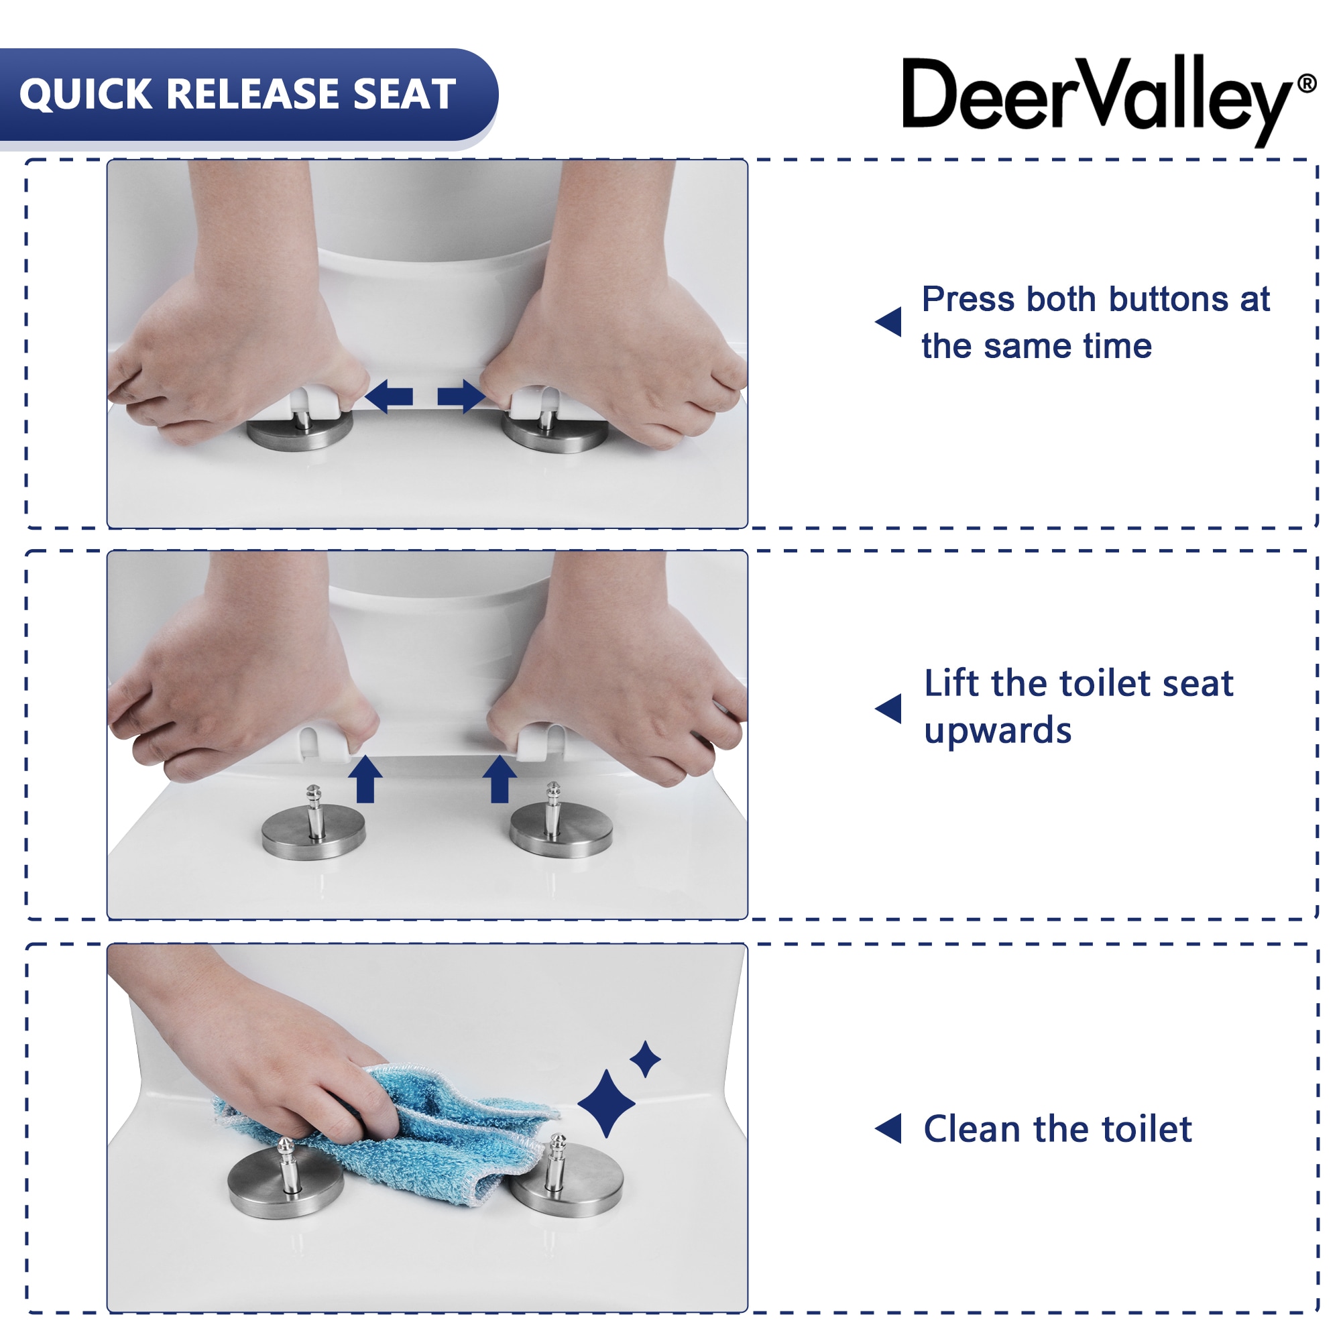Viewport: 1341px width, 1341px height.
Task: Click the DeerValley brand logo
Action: tap(1097, 97)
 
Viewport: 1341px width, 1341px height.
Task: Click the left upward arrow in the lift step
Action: tap(365, 778)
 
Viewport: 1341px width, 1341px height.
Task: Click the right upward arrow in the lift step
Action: tap(499, 778)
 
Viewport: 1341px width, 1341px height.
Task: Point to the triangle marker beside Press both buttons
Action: tap(889, 322)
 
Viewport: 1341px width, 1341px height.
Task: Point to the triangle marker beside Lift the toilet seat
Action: tap(889, 709)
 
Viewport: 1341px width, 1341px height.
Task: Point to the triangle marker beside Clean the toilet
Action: tap(889, 1128)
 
